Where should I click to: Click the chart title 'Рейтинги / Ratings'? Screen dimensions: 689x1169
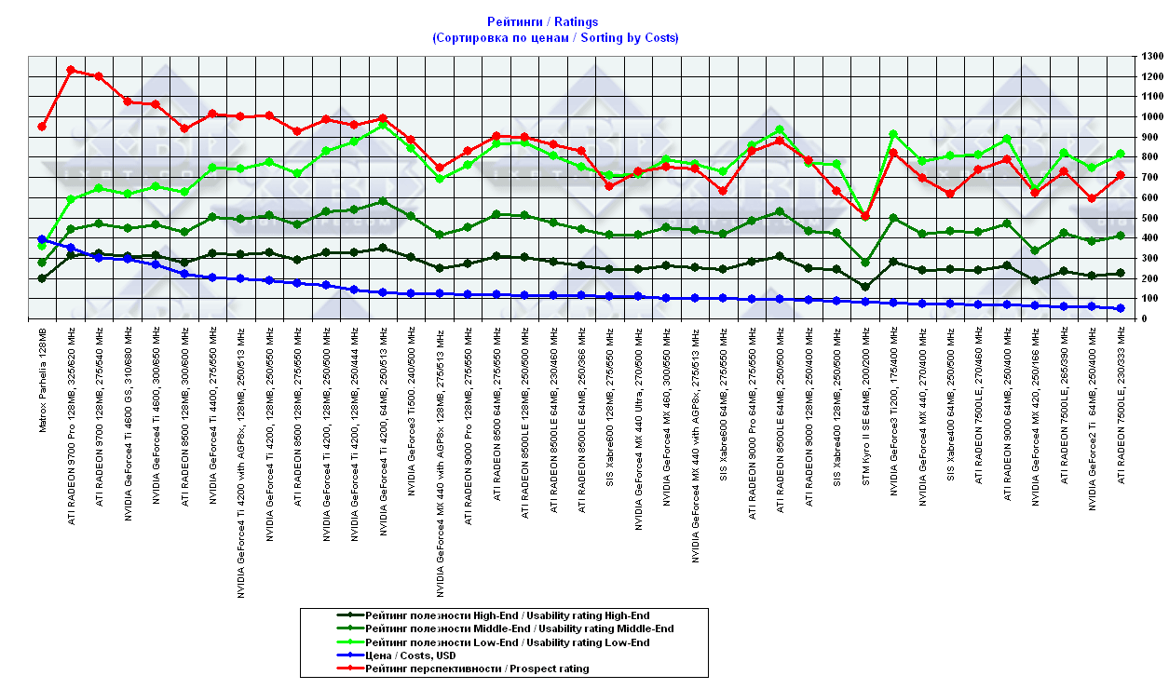point(543,21)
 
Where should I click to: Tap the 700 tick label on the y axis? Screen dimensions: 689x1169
point(1147,177)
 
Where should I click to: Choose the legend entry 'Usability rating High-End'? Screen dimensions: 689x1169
point(508,615)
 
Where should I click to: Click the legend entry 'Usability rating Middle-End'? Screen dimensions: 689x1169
point(520,628)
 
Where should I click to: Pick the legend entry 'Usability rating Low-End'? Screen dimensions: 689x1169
point(508,642)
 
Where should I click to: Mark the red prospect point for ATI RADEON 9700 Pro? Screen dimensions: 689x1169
point(71,70)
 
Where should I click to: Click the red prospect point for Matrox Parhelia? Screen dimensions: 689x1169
point(42,127)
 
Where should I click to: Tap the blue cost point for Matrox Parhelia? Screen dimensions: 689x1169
point(42,239)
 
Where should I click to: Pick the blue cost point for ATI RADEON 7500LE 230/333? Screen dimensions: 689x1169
point(1121,308)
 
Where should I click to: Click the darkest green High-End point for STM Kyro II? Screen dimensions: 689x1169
point(865,287)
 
